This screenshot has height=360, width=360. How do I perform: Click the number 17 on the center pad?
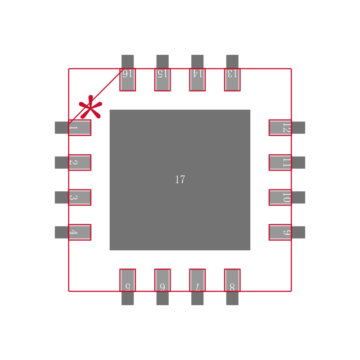point(180,180)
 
